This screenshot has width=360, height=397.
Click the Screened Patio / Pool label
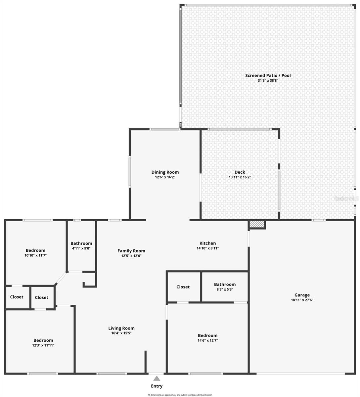[268, 75]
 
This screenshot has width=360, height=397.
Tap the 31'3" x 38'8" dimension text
[268, 80]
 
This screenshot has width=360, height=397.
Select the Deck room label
[240, 172]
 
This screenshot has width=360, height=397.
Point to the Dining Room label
[165, 172]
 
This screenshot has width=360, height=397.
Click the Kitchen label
[207, 243]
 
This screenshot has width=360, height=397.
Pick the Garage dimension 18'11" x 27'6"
[302, 300]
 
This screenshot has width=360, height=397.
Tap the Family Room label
[131, 251]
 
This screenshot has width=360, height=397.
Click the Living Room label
[121, 328]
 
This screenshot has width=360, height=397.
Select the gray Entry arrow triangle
[157, 378]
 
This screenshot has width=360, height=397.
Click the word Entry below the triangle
[157, 386]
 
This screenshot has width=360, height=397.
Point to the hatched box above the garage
[257, 225]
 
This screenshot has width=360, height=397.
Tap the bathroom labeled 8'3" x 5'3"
[225, 284]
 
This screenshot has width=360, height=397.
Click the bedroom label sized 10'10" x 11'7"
[35, 250]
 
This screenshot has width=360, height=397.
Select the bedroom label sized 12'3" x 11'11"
[43, 340]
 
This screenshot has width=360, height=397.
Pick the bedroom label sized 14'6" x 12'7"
[207, 335]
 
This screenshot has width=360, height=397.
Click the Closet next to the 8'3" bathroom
[183, 287]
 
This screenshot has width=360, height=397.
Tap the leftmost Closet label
[17, 297]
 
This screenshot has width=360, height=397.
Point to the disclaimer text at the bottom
[180, 395]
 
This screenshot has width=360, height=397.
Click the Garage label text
[302, 295]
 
